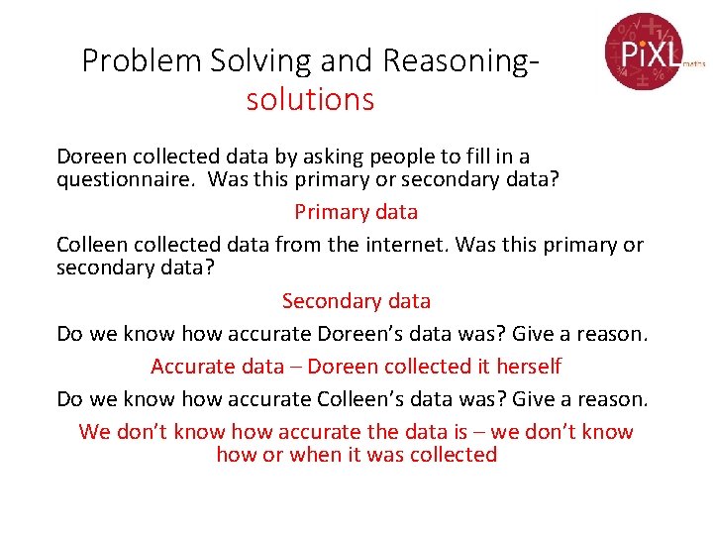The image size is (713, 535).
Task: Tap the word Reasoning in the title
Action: click(x=460, y=61)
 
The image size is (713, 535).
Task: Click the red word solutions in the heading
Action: click(x=310, y=100)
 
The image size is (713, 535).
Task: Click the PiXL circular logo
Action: click(x=642, y=51)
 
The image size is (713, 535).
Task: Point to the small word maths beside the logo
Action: click(x=693, y=61)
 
